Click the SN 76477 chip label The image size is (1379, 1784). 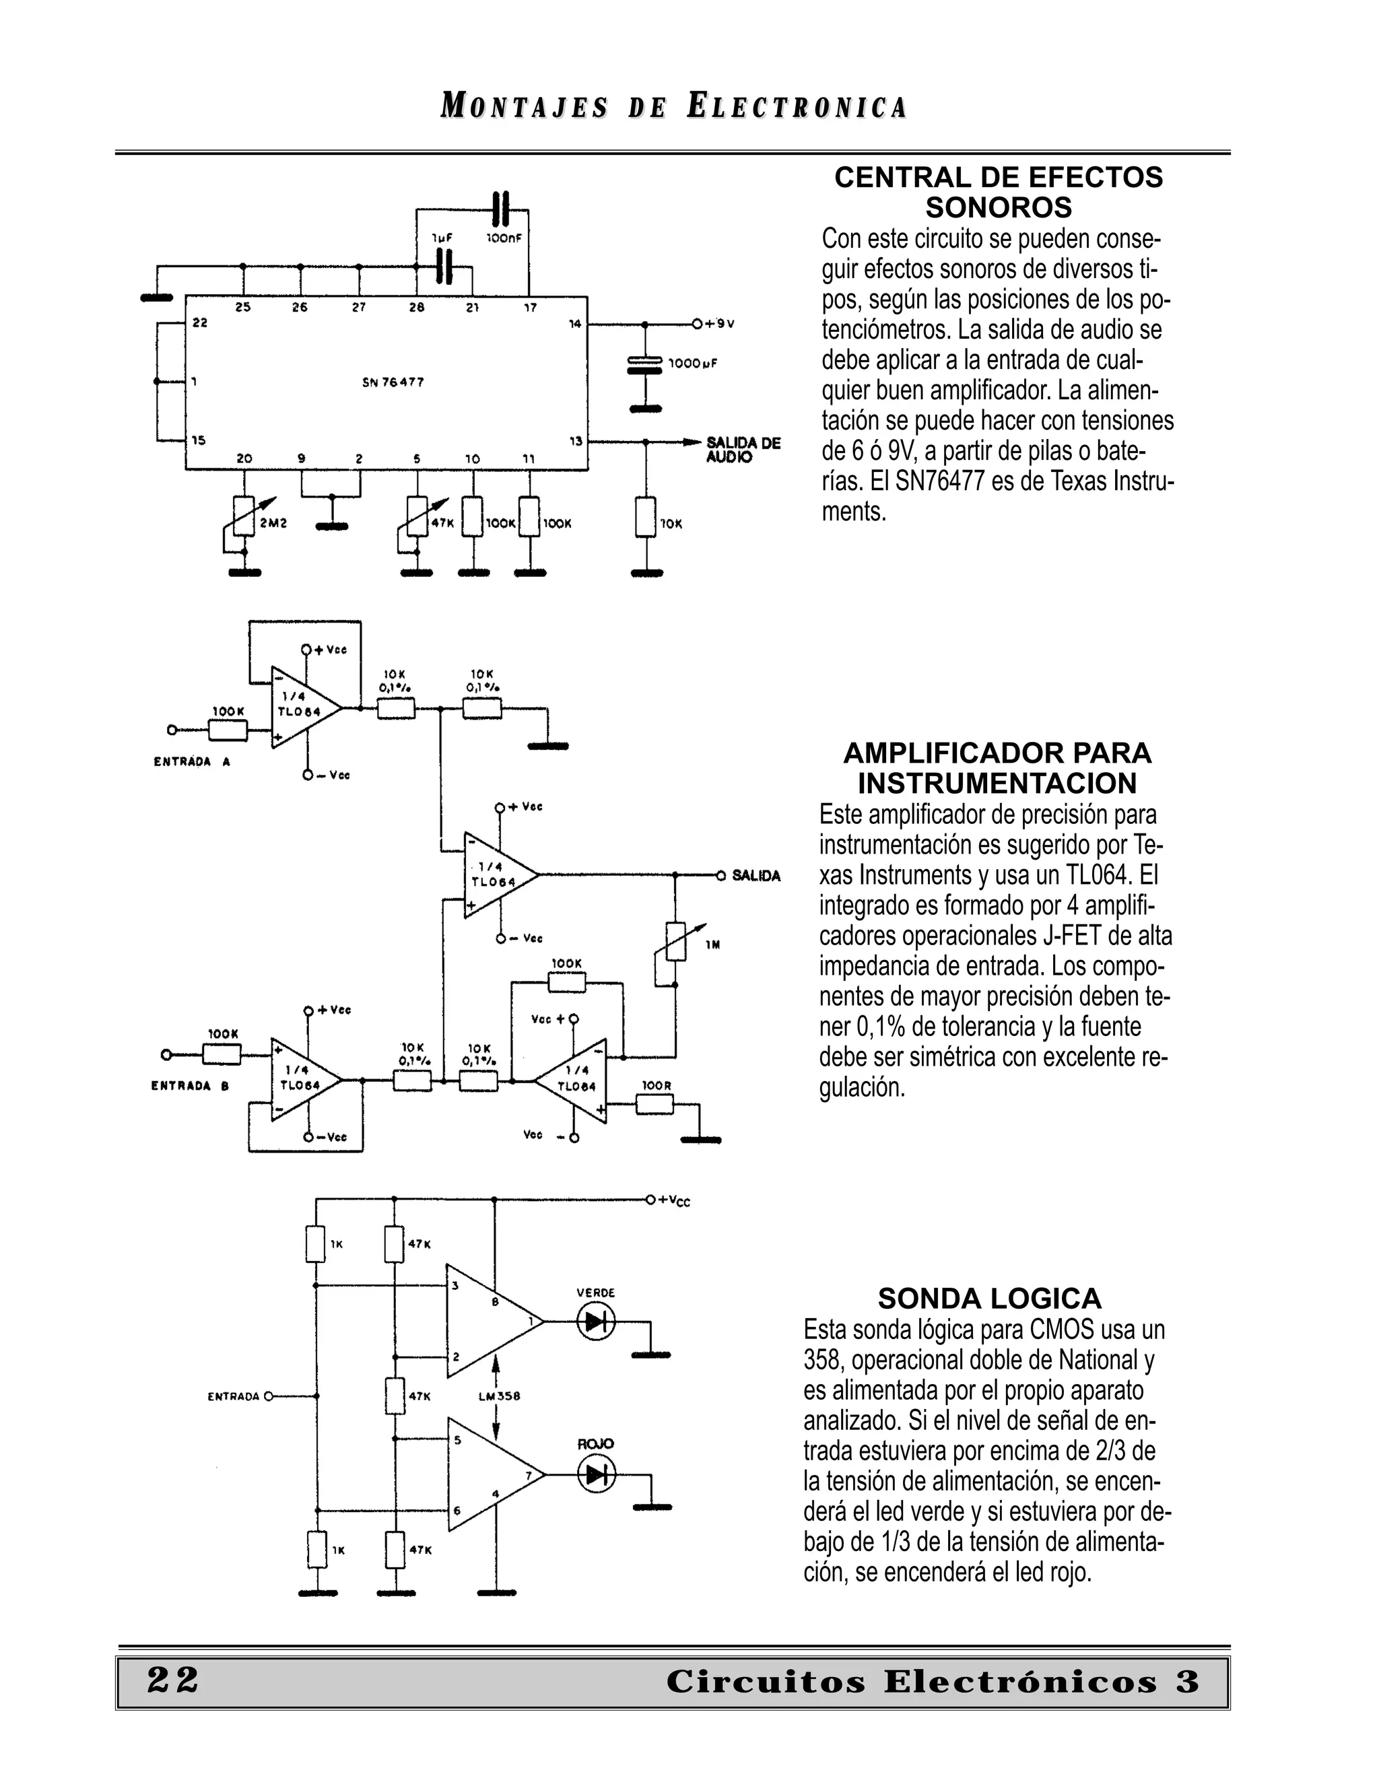393,382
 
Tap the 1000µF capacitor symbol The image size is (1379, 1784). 644,364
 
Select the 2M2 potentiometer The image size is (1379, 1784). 244,516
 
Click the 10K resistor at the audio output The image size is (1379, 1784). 646,516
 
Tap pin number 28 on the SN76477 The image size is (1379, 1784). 417,308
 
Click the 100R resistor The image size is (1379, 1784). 655,1104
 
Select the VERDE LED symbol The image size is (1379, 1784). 595,1321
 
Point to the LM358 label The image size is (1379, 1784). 499,1396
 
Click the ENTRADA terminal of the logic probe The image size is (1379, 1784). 269,1396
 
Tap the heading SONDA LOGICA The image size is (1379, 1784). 989,1298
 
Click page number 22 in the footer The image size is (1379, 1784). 173,1680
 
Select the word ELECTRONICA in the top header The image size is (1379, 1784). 797,108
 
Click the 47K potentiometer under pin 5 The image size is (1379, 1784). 417,516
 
